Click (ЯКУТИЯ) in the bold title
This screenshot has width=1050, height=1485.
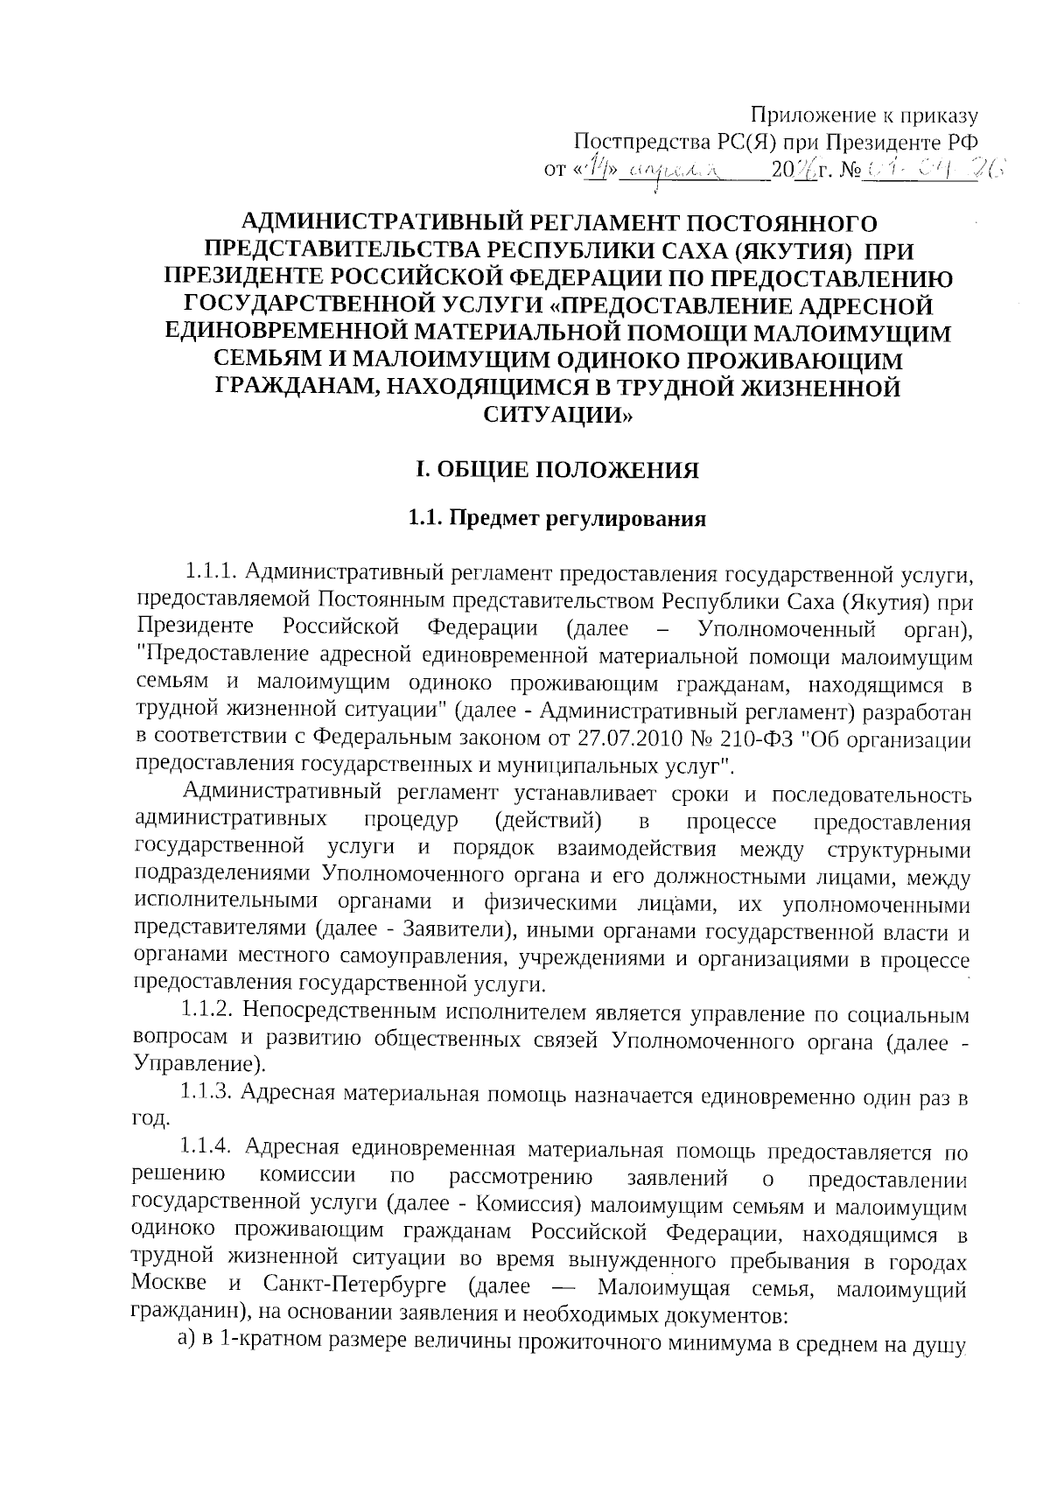click(793, 251)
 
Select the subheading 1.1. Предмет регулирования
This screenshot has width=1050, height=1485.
click(556, 519)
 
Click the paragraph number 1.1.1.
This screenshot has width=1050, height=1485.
click(211, 573)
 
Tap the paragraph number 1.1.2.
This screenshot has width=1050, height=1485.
click(207, 1012)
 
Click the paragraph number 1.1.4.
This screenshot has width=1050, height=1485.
click(207, 1147)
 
